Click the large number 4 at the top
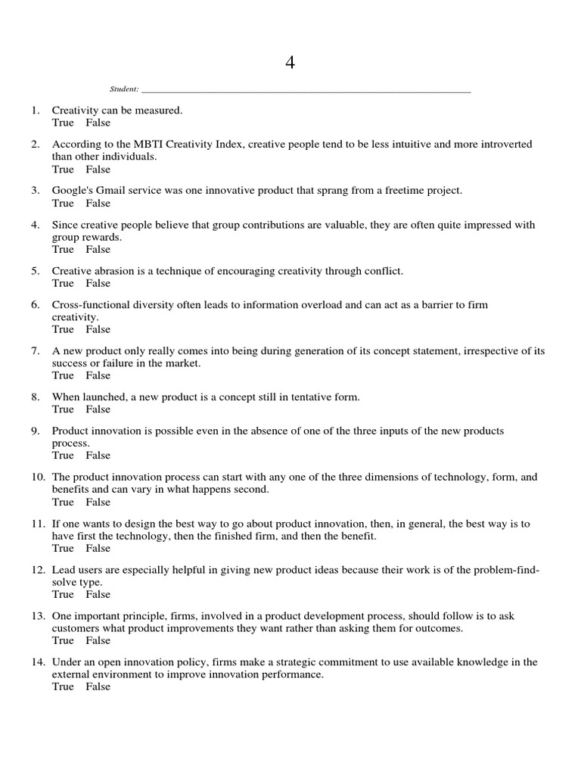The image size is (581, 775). (290, 63)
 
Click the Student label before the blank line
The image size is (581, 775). (123, 89)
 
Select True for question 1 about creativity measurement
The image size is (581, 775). (63, 123)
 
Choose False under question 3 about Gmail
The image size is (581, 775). (98, 203)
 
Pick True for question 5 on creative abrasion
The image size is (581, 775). (63, 283)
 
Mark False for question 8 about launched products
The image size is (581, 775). (98, 409)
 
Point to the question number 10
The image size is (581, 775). (38, 478)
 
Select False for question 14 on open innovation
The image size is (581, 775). (98, 686)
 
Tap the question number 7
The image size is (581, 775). (36, 350)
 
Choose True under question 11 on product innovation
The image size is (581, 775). (63, 548)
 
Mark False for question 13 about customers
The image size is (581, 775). (98, 640)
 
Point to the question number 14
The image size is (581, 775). (38, 662)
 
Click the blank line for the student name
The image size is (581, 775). (306, 89)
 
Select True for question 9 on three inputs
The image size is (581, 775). (63, 456)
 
